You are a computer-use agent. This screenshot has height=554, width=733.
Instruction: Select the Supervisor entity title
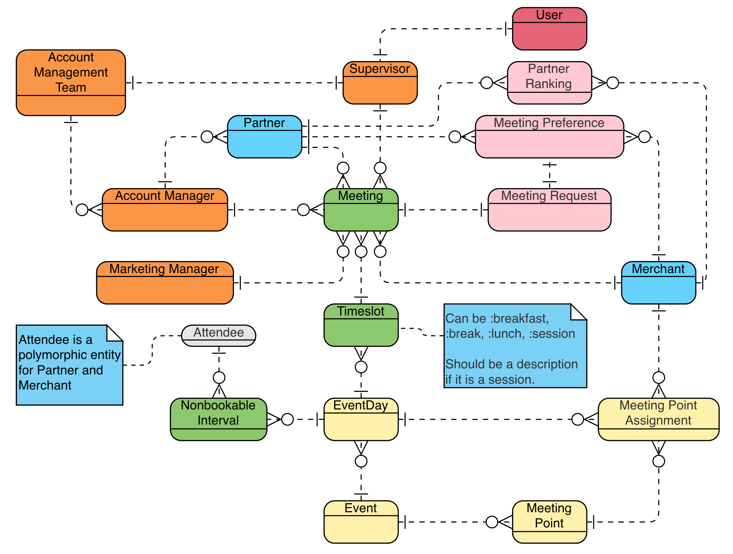[380, 69]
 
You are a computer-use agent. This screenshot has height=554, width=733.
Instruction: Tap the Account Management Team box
[71, 83]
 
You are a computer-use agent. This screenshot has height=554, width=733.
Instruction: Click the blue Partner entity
[265, 137]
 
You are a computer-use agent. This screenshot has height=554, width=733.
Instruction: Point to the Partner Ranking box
[549, 83]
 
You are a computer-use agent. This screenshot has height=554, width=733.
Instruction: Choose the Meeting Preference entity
[549, 137]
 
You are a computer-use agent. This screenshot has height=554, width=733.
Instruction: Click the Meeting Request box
[549, 210]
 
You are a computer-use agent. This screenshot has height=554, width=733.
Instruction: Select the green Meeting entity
[360, 210]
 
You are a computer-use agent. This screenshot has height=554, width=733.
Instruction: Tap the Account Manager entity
[165, 210]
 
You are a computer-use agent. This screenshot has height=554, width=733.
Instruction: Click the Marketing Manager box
[165, 283]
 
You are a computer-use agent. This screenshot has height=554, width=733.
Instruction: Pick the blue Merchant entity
[658, 283]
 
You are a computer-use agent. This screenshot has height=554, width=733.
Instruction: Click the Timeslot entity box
[360, 325]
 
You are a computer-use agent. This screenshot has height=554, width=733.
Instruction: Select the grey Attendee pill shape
[219, 335]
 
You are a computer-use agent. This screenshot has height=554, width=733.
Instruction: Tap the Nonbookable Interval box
[219, 419]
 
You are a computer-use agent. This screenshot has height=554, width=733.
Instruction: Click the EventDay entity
[360, 419]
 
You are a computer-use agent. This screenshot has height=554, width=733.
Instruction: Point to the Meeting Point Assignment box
[658, 419]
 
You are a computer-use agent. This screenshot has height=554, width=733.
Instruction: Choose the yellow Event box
[360, 522]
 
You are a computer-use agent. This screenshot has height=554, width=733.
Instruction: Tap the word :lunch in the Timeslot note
[506, 334]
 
